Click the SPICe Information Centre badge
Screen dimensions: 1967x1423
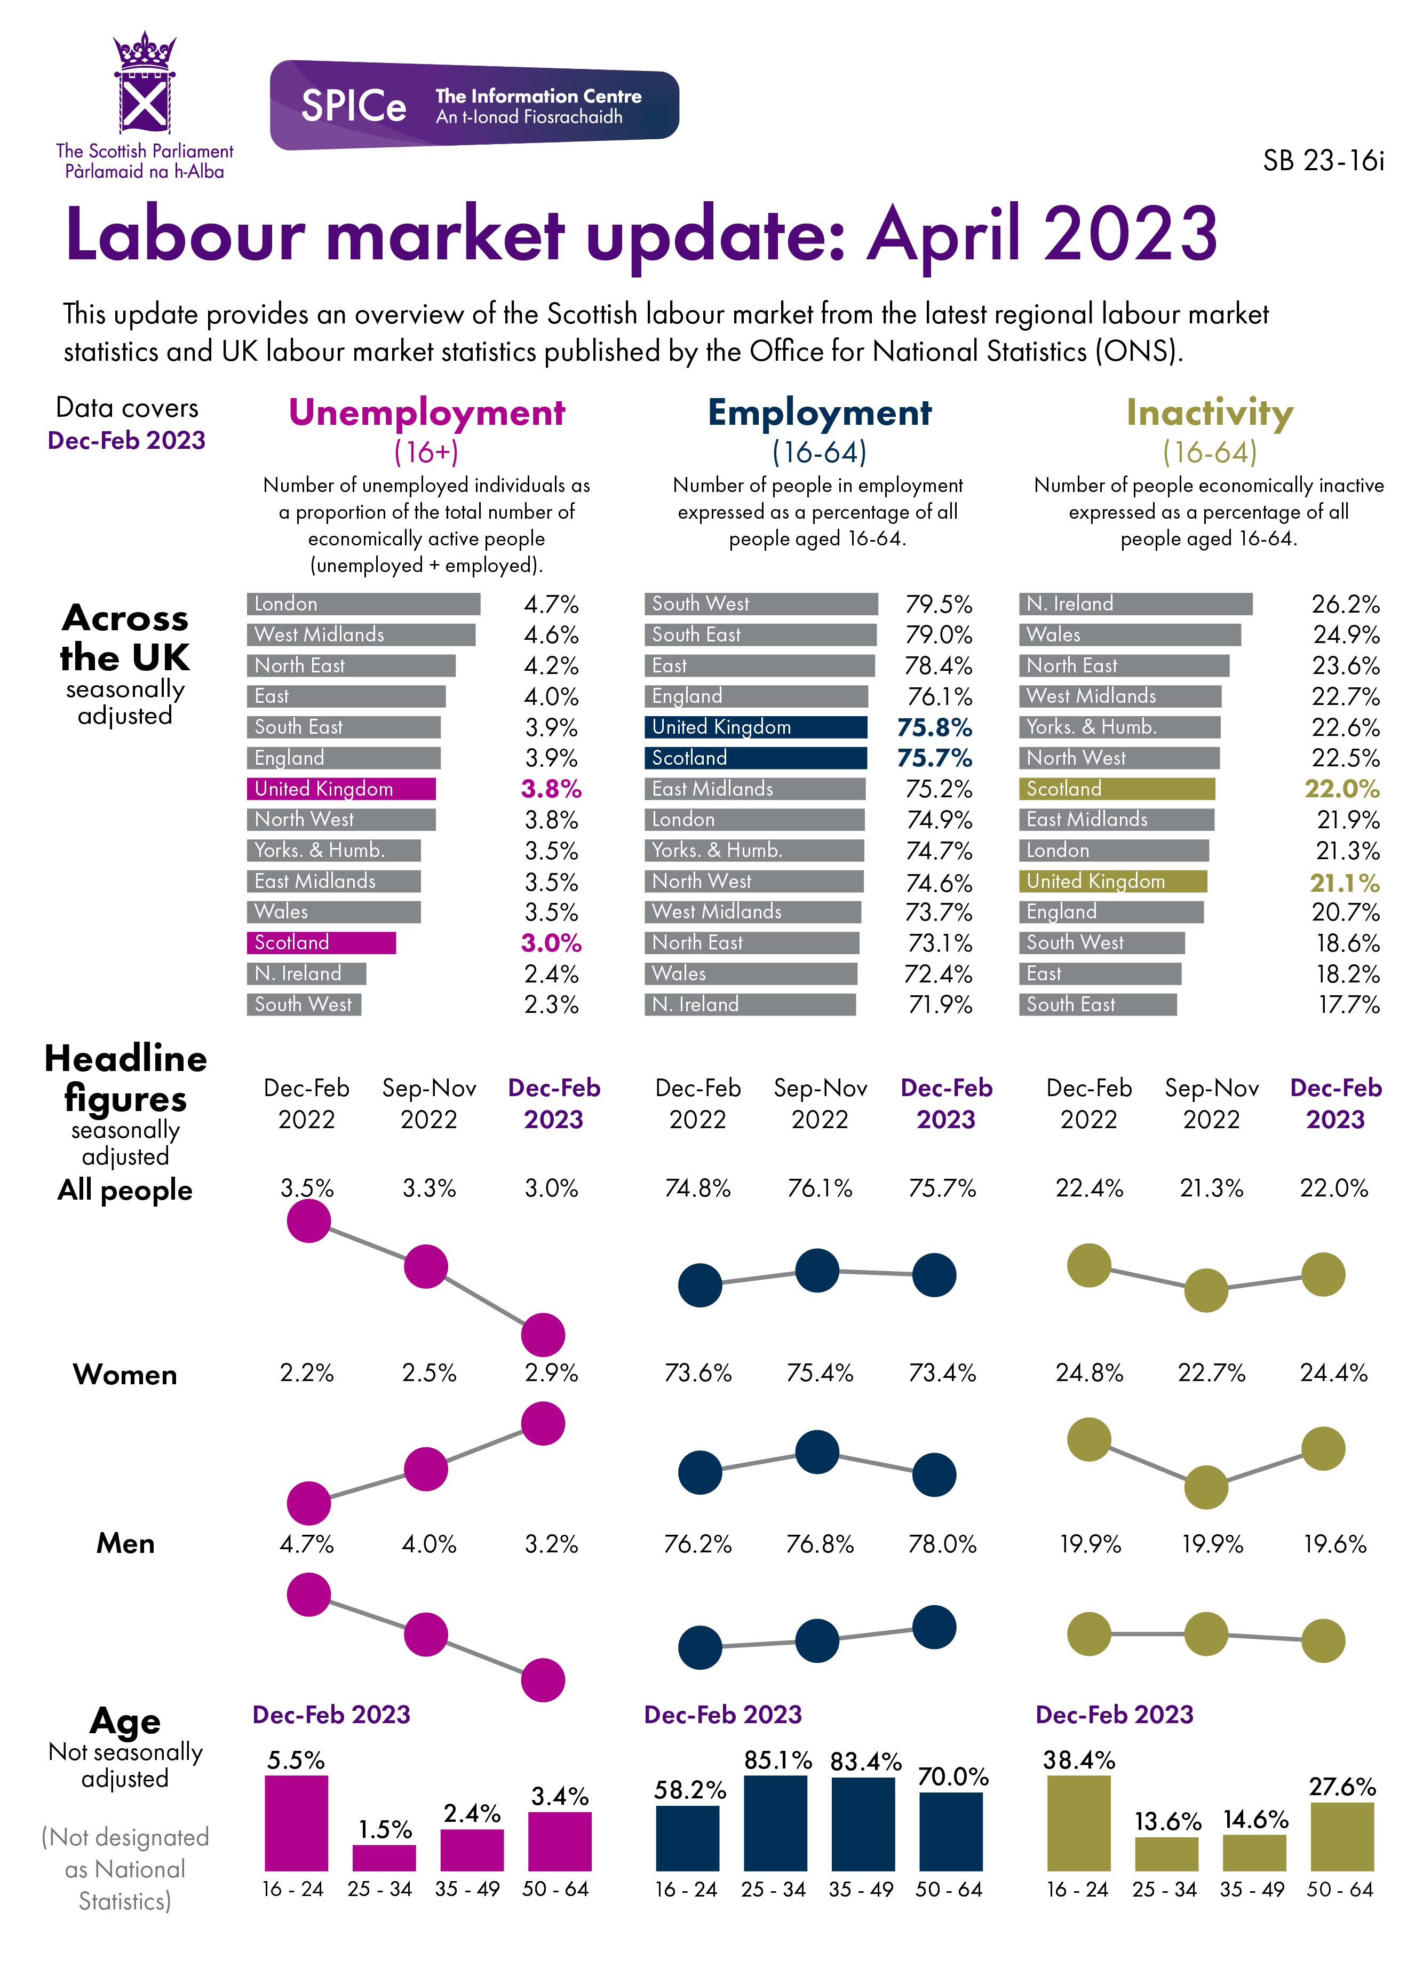tap(474, 105)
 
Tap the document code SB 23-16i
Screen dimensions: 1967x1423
tap(1322, 161)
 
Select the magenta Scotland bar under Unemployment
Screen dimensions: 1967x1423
tap(321, 943)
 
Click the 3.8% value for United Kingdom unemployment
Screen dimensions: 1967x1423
tap(551, 789)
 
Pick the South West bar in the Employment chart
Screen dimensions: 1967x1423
tap(760, 604)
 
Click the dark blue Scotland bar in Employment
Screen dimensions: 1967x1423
tap(756, 758)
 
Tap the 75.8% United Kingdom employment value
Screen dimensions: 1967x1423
tap(934, 728)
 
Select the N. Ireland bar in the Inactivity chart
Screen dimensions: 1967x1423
tap(1135, 604)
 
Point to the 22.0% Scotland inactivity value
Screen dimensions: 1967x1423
tap(1341, 789)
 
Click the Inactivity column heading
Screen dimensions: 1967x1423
tap(1210, 413)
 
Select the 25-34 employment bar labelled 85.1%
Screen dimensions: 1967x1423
tap(775, 1822)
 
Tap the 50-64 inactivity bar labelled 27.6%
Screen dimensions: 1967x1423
tap(1341, 1836)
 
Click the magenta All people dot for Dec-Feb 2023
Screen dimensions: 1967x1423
tap(543, 1335)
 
